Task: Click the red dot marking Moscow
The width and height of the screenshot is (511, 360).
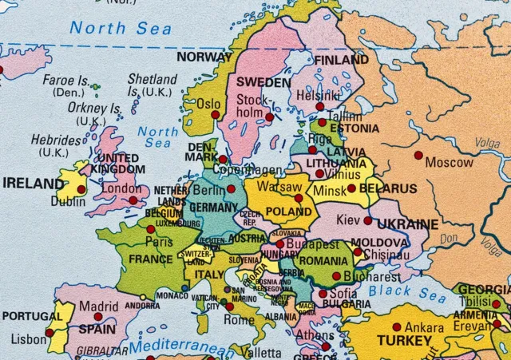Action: pyautogui.click(x=418, y=155)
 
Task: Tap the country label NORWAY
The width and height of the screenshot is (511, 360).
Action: pyautogui.click(x=204, y=57)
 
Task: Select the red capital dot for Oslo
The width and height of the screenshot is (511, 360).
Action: pyautogui.click(x=215, y=115)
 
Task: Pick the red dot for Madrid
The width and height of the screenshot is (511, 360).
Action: pyautogui.click(x=98, y=317)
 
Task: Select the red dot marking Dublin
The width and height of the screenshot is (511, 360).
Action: pyautogui.click(x=81, y=189)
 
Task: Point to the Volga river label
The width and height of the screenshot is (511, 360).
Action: pyautogui.click(x=487, y=144)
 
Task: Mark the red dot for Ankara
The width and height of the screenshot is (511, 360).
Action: pyautogui.click(x=396, y=326)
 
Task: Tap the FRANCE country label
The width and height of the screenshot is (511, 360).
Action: pyautogui.click(x=151, y=259)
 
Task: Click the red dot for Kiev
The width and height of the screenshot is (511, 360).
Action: pyautogui.click(x=367, y=220)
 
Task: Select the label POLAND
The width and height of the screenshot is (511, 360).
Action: pyautogui.click(x=288, y=212)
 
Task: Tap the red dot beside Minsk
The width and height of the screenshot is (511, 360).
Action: pyautogui.click(x=351, y=189)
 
